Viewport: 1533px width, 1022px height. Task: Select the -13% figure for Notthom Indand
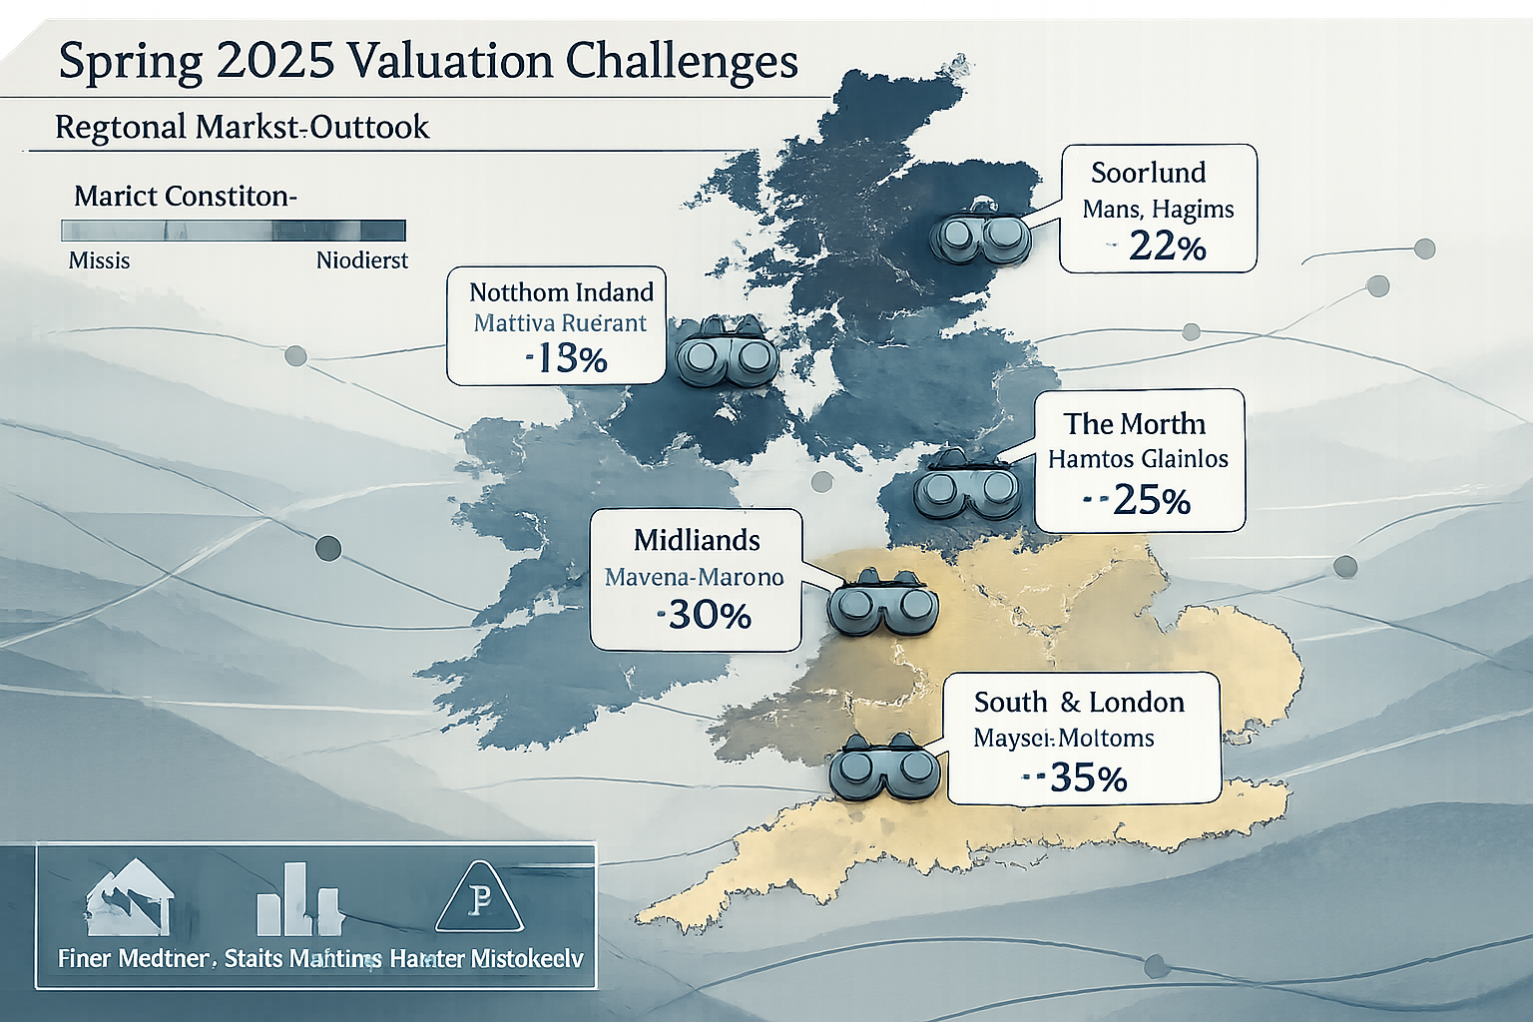point(566,358)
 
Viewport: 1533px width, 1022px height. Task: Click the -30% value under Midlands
point(706,615)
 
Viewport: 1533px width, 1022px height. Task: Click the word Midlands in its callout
point(697,541)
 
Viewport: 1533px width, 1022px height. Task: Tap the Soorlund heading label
point(1148,173)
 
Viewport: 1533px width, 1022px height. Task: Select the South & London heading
point(1079,703)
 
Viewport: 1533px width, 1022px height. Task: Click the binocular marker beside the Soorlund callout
point(979,236)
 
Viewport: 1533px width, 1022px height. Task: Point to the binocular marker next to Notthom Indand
point(727,355)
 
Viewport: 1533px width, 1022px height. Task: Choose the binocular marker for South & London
point(883,767)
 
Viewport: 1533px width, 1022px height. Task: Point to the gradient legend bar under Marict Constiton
point(234,231)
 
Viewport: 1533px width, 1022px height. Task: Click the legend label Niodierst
point(361,261)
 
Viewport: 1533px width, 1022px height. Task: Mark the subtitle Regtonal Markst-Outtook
point(242,128)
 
